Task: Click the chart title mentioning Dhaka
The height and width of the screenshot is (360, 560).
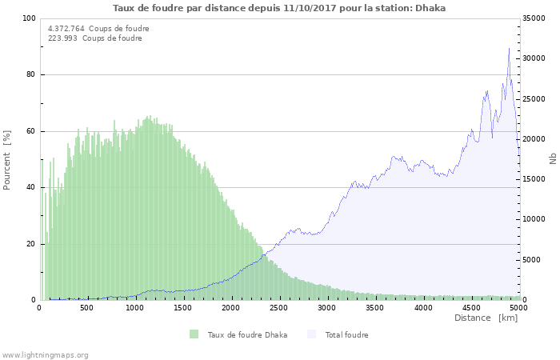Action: click(x=279, y=8)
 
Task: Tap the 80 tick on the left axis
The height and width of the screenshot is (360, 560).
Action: click(x=31, y=75)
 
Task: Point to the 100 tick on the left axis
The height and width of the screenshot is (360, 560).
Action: click(x=29, y=18)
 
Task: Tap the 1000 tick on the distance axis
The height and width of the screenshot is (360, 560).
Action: click(x=134, y=307)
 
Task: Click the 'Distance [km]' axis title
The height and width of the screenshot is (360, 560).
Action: click(x=486, y=318)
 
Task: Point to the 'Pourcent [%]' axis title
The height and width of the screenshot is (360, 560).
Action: click(x=7, y=158)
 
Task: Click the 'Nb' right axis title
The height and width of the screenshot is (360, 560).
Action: click(x=552, y=158)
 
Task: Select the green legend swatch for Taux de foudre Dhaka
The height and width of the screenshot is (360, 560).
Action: click(x=194, y=334)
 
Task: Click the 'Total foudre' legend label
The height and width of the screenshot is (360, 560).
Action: click(x=346, y=334)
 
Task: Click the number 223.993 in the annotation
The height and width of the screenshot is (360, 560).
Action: click(x=63, y=38)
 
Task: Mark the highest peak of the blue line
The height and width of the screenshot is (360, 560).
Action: click(x=509, y=49)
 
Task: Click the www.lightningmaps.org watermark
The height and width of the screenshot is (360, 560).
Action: click(x=45, y=354)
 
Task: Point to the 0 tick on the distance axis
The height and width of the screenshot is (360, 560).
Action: click(x=40, y=307)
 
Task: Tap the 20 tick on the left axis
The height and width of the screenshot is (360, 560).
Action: click(x=31, y=244)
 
